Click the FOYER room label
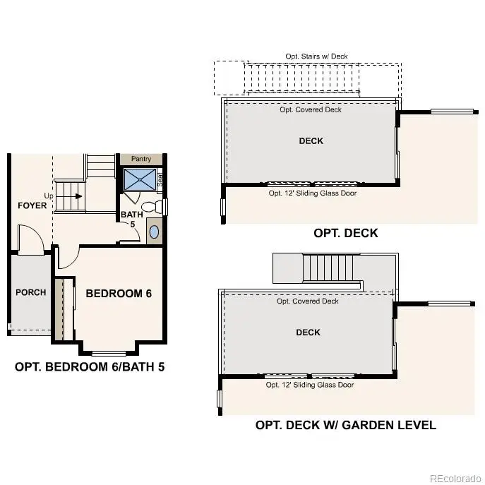coord(32,205)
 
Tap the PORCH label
coord(30,292)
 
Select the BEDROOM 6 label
coord(119,293)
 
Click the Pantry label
coord(141,160)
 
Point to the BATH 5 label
coord(132,219)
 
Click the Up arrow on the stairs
coord(73,196)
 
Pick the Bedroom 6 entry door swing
coord(67,258)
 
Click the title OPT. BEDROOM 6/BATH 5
coord(90,367)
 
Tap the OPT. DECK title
coord(345,233)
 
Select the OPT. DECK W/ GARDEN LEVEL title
coord(345,425)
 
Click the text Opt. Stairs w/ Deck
coord(316,56)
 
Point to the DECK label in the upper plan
coord(311,140)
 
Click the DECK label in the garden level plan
coord(308,332)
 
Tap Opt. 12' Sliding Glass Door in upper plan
coord(312,193)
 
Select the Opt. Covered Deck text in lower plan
coord(308,301)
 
